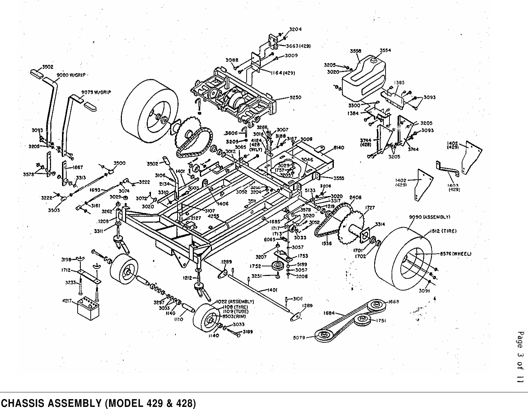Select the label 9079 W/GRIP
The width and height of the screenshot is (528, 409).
pyautogui.click(x=96, y=92)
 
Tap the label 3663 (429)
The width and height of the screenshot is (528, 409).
pyautogui.click(x=298, y=46)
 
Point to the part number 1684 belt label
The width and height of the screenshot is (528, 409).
pyautogui.click(x=329, y=313)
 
